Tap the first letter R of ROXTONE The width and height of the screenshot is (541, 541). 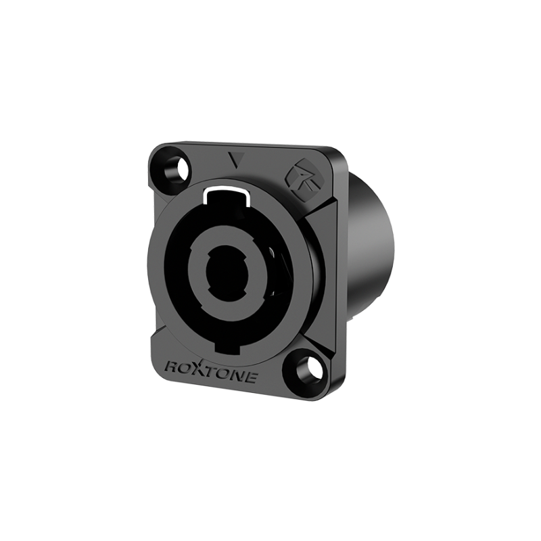[173, 367]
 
